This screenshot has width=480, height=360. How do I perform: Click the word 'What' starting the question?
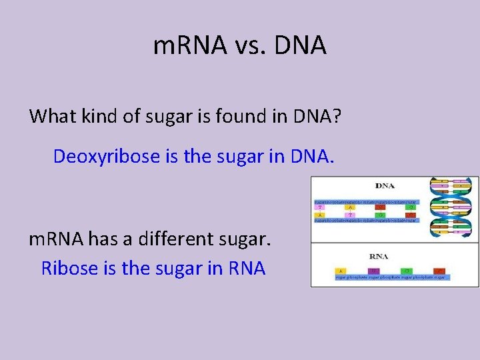52,116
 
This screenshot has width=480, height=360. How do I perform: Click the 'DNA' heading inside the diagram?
385,186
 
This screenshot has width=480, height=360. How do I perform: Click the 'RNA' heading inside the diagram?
379,255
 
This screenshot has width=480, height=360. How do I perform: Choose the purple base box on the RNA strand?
373,270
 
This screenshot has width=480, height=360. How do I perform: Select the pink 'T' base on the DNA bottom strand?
350,215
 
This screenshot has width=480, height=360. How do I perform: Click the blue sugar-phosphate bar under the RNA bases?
392,277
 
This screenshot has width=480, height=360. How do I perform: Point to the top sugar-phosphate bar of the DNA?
366,201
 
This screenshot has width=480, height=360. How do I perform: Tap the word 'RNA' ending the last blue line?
247,268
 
